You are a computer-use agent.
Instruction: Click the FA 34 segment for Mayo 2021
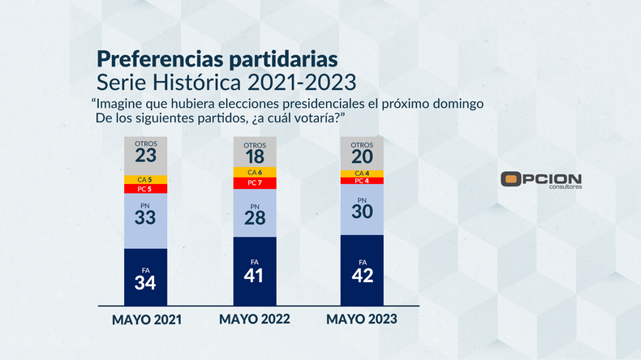click(145, 276)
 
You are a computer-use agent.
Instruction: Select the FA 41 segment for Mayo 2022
click(255, 271)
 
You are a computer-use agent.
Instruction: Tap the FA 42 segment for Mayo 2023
click(362, 270)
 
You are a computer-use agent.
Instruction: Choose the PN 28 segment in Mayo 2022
click(255, 213)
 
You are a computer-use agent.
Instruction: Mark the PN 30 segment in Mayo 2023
click(362, 210)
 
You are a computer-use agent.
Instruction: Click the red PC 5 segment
click(145, 189)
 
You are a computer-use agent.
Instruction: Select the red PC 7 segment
click(255, 183)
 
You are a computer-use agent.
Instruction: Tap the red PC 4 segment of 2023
click(362, 182)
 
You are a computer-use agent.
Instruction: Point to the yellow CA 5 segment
click(145, 179)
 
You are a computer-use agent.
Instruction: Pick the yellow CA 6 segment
click(255, 172)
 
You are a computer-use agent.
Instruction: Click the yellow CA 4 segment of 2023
click(362, 174)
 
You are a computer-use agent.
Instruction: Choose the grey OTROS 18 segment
click(255, 152)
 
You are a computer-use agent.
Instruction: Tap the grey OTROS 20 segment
click(362, 153)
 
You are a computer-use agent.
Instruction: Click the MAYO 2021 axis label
click(146, 320)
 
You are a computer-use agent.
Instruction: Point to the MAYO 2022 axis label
click(254, 319)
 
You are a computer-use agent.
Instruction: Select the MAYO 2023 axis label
click(362, 319)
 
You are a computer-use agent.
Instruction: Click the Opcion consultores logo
click(541, 181)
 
